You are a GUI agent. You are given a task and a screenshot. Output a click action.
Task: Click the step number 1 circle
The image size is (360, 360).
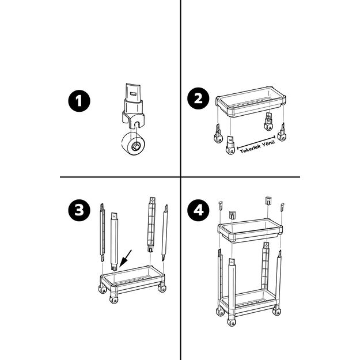79,101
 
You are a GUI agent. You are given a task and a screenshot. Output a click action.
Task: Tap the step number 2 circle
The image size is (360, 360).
198,98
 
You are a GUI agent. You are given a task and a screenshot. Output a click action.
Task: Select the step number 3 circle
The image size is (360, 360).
79,210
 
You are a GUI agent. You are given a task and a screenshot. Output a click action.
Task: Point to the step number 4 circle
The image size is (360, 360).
198,210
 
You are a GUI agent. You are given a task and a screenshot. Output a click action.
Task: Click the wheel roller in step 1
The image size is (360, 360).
133,143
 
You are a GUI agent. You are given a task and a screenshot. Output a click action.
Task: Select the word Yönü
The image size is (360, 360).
268,143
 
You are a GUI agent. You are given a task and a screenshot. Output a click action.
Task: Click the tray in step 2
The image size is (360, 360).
251,101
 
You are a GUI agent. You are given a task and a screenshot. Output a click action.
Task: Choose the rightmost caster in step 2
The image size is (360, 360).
282,132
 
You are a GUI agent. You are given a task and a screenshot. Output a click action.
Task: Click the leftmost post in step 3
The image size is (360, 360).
103,232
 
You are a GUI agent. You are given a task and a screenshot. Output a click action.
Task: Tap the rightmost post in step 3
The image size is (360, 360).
165,233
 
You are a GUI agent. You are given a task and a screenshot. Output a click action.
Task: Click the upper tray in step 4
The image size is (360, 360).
250,230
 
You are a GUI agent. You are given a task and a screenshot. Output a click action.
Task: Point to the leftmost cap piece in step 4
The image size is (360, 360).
220,205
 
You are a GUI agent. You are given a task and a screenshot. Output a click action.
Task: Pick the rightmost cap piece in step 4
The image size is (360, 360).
282,206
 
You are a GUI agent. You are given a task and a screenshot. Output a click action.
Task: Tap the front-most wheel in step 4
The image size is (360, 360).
232,321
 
